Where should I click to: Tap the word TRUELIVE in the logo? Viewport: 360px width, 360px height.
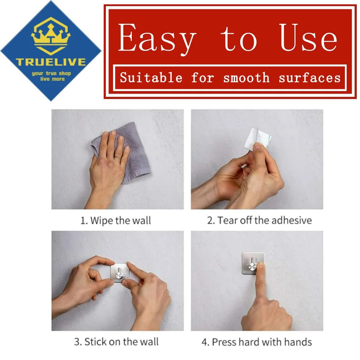pos(51,62)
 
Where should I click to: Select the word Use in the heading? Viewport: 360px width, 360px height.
pos(309,37)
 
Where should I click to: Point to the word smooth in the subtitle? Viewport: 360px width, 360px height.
pos(246,78)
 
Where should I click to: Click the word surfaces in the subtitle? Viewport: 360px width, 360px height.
pos(310,78)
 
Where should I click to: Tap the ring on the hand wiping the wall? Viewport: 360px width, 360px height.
pos(118,158)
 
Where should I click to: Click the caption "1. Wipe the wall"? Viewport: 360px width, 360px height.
pos(116,220)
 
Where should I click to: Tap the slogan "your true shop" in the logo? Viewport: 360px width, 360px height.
pos(51,73)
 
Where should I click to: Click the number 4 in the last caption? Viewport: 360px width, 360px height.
pos(204,342)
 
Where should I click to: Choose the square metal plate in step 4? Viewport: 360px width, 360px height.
pos(253,263)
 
